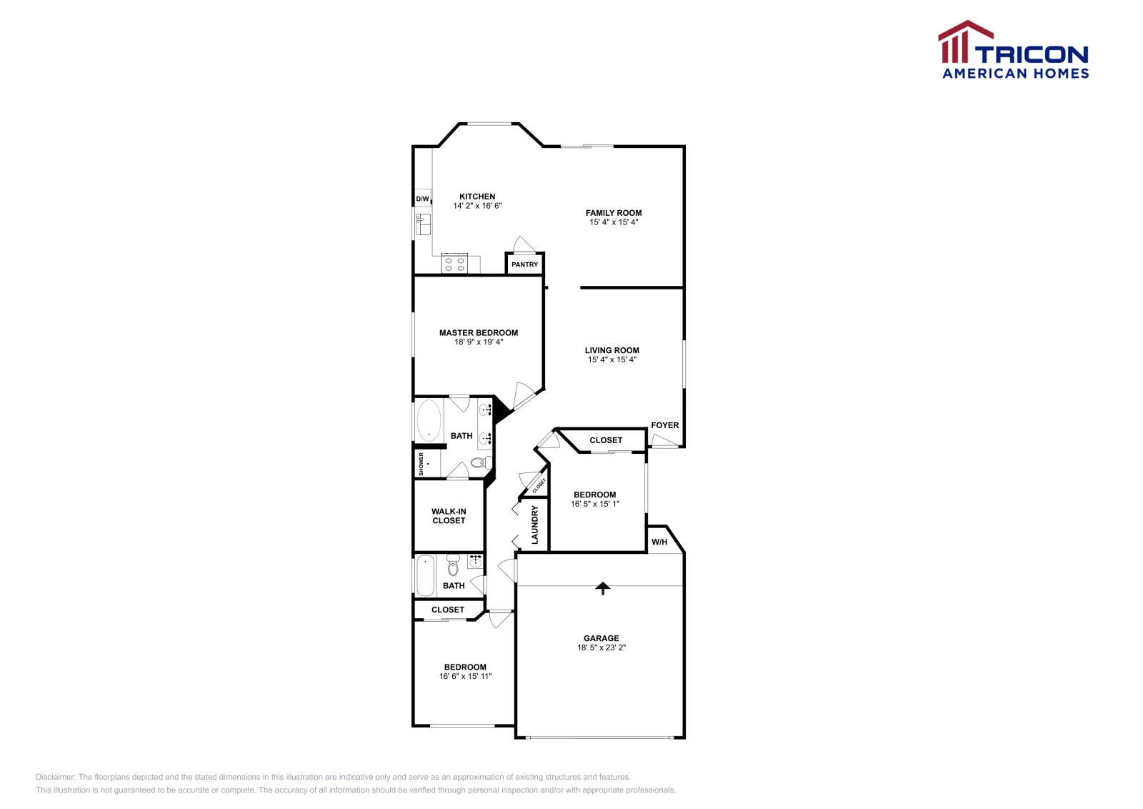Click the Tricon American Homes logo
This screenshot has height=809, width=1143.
tap(1013, 50)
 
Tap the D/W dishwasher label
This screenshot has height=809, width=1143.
tap(423, 199)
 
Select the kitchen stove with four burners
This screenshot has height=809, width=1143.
tap(454, 264)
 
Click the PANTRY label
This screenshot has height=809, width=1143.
tap(524, 264)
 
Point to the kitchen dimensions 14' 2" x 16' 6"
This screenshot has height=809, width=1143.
tap(477, 206)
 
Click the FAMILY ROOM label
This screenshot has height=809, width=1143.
tap(614, 213)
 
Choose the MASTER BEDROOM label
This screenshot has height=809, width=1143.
tap(479, 332)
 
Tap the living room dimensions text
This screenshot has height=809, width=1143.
tap(612, 359)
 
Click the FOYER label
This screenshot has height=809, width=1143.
tap(664, 425)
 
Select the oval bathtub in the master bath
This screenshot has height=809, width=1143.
tap(429, 420)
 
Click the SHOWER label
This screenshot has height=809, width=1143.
tap(421, 464)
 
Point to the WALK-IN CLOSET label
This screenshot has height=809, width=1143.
tap(449, 516)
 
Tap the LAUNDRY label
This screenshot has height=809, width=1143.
tap(534, 525)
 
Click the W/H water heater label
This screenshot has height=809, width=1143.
tap(659, 542)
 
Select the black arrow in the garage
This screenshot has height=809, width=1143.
tap(603, 588)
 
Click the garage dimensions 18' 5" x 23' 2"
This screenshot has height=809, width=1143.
tap(602, 647)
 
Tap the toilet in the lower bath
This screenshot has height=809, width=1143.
tap(453, 566)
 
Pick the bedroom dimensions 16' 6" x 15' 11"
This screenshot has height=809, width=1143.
tap(465, 676)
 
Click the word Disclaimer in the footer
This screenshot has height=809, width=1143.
tap(55, 777)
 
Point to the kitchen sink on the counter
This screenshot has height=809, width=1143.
tap(424, 224)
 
